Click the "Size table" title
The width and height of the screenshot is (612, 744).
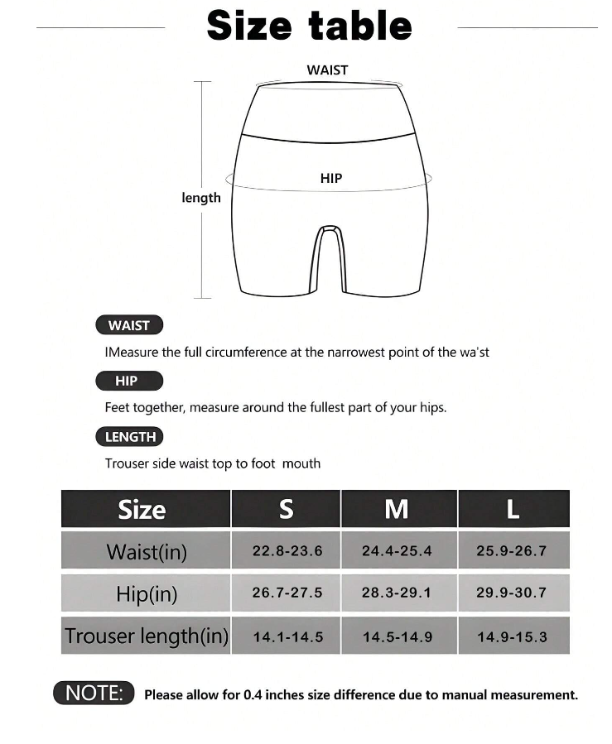tap(309, 26)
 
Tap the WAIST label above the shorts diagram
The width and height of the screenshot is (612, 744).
tap(327, 70)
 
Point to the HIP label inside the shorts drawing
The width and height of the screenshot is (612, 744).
tap(331, 178)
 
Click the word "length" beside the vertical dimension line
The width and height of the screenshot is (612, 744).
tap(201, 198)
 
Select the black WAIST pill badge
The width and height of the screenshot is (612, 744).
tap(129, 325)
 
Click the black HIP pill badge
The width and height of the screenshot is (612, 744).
tap(128, 381)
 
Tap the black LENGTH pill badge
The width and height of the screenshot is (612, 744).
tap(130, 436)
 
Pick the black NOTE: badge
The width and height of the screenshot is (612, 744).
tap(94, 693)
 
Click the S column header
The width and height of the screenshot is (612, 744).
tap(286, 509)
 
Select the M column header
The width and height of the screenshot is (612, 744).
tap(398, 509)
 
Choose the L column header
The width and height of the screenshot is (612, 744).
tap(513, 509)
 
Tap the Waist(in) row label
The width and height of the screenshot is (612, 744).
tap(147, 551)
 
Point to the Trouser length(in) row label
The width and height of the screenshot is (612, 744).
tap(146, 636)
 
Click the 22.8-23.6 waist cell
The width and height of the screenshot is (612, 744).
tap(287, 551)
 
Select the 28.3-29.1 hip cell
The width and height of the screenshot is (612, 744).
tap(397, 593)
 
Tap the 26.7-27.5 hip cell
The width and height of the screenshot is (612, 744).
tap(287, 593)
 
